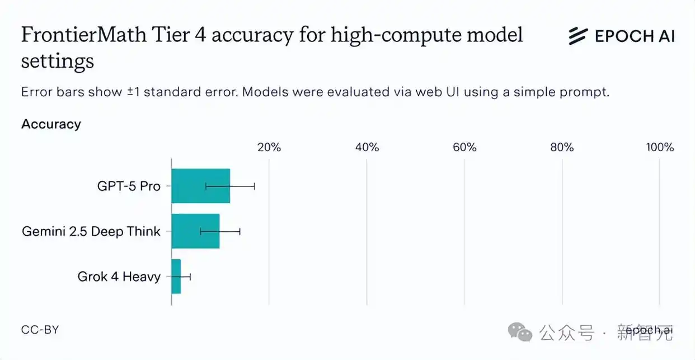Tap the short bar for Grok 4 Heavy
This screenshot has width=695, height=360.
(176, 277)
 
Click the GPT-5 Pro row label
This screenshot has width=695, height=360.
(129, 186)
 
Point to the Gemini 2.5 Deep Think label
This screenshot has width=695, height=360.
(91, 231)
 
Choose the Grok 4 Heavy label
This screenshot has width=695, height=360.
(119, 277)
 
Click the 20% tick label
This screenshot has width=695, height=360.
(269, 147)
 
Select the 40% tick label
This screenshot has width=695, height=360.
(367, 147)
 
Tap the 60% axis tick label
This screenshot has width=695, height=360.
(464, 147)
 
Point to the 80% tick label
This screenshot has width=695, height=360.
(562, 147)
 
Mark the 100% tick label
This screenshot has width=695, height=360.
(660, 147)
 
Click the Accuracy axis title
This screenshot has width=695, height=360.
(51, 124)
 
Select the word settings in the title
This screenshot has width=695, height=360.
(57, 60)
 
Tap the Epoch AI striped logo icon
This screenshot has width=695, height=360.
(578, 36)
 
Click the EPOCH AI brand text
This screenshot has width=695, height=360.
(634, 36)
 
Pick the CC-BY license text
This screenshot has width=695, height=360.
(40, 330)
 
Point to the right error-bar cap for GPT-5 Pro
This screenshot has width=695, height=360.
(255, 186)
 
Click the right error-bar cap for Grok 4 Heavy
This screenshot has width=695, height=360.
(190, 277)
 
